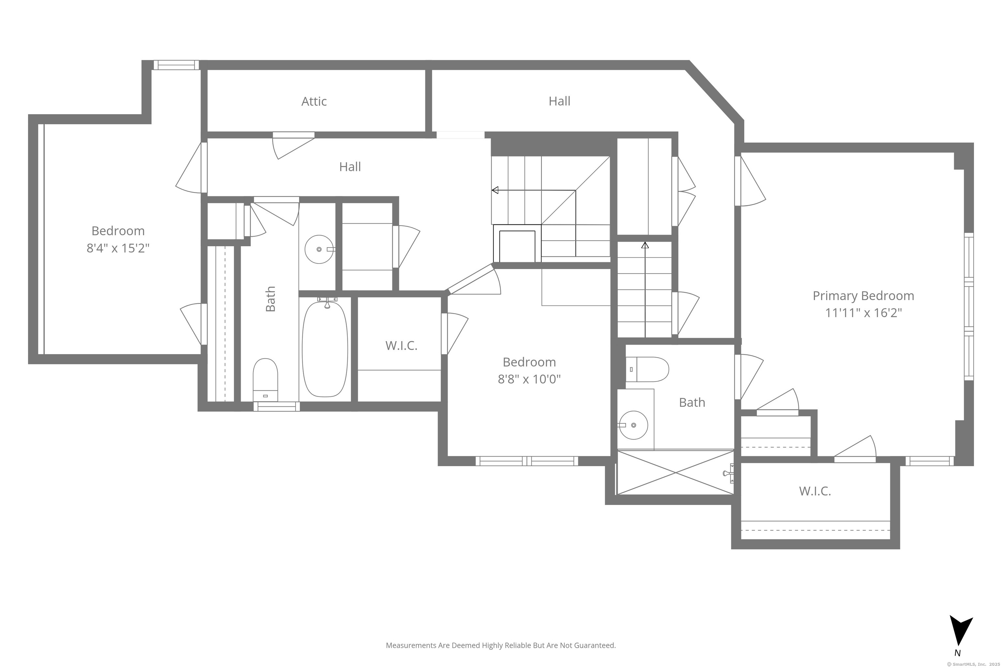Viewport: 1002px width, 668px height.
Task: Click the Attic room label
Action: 314,101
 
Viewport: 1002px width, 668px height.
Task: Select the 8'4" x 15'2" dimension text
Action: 118,248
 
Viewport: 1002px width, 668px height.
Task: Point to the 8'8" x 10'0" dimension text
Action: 529,379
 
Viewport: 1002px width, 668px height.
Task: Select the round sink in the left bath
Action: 319,249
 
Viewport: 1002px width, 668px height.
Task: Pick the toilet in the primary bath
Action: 647,369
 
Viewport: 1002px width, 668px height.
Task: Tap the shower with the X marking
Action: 675,472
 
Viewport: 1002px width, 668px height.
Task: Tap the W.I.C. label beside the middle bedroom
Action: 401,345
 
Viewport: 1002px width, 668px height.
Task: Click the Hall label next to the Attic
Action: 559,101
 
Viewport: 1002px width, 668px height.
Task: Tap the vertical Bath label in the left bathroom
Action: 270,299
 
